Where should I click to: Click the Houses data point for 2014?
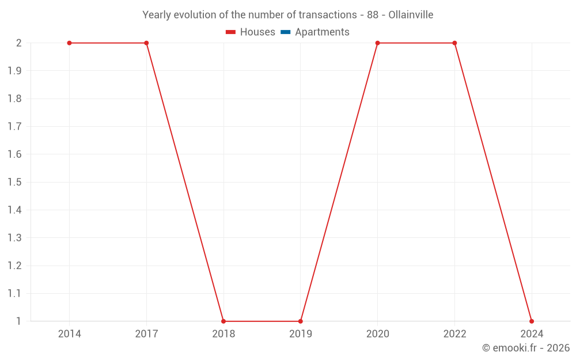point(69,43)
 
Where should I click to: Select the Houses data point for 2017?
point(146,43)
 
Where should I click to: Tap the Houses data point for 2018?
point(223,321)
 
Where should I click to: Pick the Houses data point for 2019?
point(301,321)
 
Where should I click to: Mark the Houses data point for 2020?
point(377,43)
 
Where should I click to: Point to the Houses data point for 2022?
point(454,43)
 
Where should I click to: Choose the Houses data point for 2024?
point(532,321)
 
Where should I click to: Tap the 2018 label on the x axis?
point(223,334)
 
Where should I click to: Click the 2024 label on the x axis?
point(532,334)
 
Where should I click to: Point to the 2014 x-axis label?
point(69,334)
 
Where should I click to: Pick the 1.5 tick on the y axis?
point(14,182)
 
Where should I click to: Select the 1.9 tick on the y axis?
point(14,71)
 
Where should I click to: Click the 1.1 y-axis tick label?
point(14,293)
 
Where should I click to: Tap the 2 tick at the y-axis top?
point(19,43)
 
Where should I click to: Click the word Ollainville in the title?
point(411,14)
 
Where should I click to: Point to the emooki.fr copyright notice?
point(526,348)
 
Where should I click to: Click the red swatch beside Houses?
point(231,32)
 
